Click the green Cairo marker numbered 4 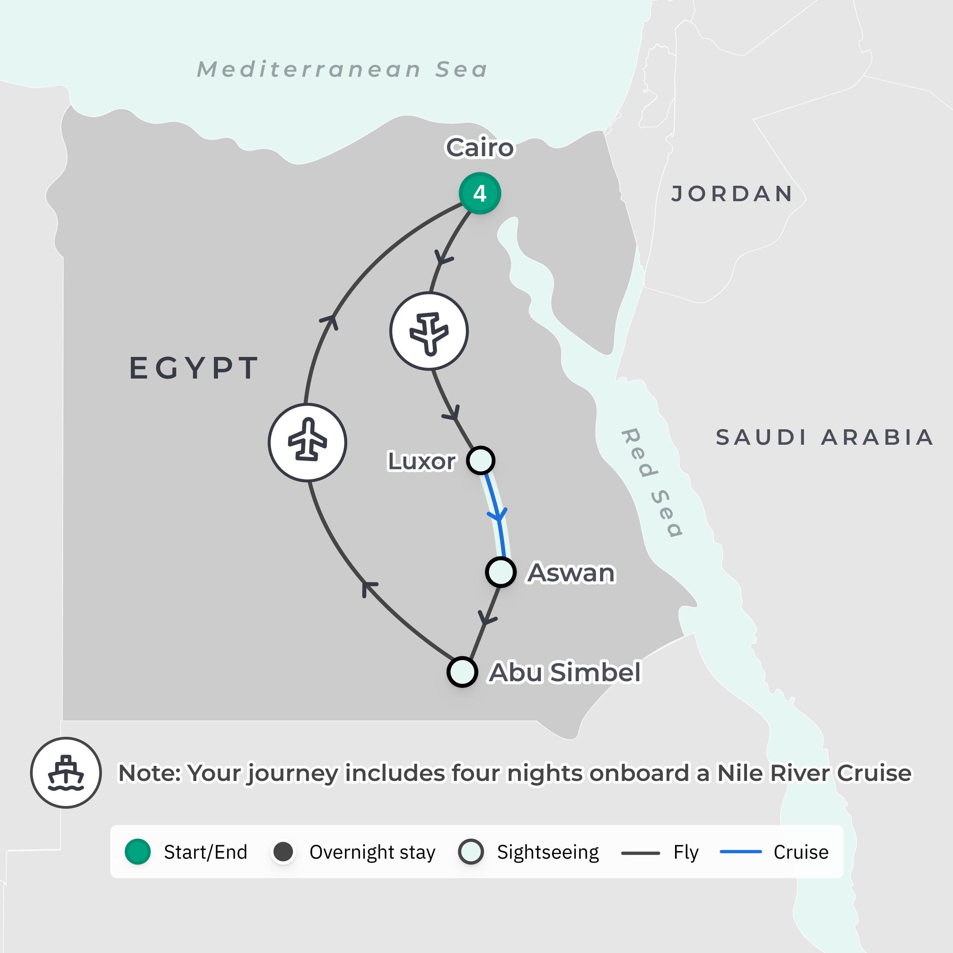tap(480, 193)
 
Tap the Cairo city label tap(480, 147)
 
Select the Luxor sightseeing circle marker tap(480, 460)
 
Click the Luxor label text tap(422, 461)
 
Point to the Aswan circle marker tap(501, 572)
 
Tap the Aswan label tap(571, 573)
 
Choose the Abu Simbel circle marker tap(462, 672)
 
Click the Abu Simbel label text tap(565, 672)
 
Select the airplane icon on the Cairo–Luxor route tap(429, 331)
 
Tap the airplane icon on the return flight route tap(308, 442)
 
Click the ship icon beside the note tap(66, 773)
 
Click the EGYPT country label tap(194, 368)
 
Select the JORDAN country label tap(732, 194)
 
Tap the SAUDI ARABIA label tap(824, 438)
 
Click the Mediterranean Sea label tap(342, 70)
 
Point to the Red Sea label tap(652, 482)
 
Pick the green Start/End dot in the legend tap(138, 852)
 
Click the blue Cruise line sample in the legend tap(741, 852)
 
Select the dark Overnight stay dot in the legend tap(283, 852)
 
